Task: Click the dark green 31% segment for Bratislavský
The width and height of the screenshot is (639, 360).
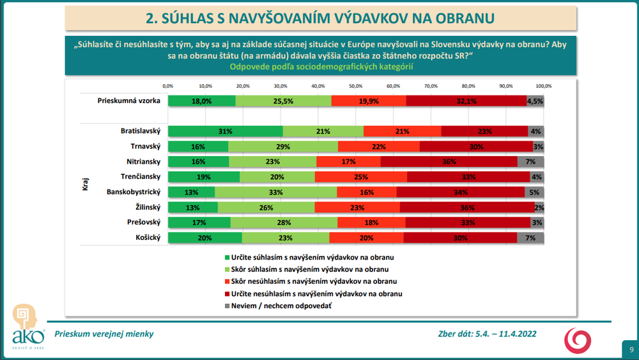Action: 225,131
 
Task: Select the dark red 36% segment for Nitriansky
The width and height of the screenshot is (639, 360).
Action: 449,162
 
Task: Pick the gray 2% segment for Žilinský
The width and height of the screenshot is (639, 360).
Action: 540,207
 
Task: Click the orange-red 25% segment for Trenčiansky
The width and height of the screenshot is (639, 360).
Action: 360,176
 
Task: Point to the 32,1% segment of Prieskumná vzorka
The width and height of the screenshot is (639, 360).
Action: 466,100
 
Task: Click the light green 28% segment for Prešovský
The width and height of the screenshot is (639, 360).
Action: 284,223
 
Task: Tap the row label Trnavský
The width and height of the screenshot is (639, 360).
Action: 144,146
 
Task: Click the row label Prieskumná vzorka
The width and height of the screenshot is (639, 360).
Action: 128,100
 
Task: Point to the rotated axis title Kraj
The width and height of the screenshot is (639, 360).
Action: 85,185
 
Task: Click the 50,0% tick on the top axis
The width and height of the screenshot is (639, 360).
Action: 355,85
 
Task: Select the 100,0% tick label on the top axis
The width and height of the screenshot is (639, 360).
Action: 543,85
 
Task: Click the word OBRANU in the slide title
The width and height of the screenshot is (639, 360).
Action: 465,19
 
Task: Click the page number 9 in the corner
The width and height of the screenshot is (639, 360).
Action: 631,349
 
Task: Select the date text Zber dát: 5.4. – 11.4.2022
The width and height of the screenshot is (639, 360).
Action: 487,334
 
